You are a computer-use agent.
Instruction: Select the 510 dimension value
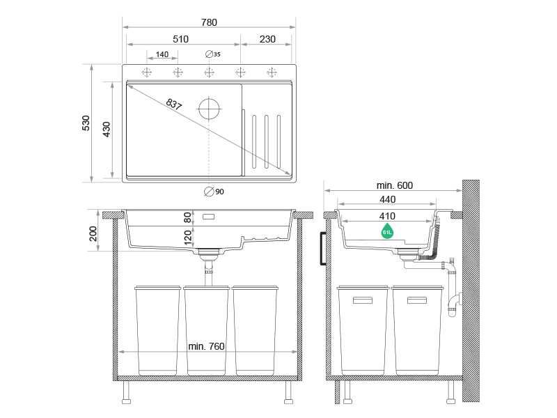[180, 39]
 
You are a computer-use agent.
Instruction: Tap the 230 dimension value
[267, 39]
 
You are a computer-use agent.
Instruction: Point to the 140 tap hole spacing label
[162, 54]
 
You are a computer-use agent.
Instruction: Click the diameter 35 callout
[213, 54]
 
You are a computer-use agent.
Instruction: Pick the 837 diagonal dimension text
[173, 105]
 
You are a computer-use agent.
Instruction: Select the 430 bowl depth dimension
[107, 129]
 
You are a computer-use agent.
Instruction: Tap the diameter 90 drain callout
[214, 192]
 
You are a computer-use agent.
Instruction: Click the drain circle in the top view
[209, 109]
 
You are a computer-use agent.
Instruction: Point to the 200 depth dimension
[94, 233]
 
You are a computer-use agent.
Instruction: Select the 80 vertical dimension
[187, 217]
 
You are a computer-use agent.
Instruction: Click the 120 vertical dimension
[187, 239]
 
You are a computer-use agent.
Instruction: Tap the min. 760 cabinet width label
[206, 347]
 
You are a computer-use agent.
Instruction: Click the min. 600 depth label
[395, 185]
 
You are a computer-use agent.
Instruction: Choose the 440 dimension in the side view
[388, 200]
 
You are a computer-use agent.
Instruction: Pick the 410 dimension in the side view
[388, 216]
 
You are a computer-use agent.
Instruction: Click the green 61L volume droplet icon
[386, 231]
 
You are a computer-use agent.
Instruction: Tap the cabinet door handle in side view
[323, 248]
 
